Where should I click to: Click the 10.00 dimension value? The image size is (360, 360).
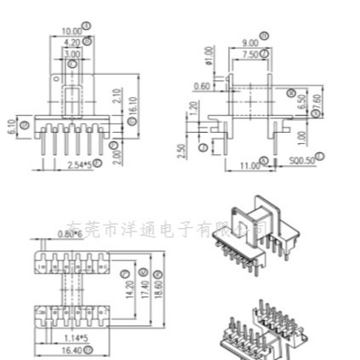point(71,31)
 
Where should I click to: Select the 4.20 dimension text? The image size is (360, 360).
point(72,42)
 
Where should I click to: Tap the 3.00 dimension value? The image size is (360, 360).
point(73,53)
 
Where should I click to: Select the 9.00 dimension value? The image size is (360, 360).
point(250,43)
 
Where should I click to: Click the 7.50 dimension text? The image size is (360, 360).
point(249,54)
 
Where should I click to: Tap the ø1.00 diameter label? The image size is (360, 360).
point(207,55)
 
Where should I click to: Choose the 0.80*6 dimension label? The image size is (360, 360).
point(70,233)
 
